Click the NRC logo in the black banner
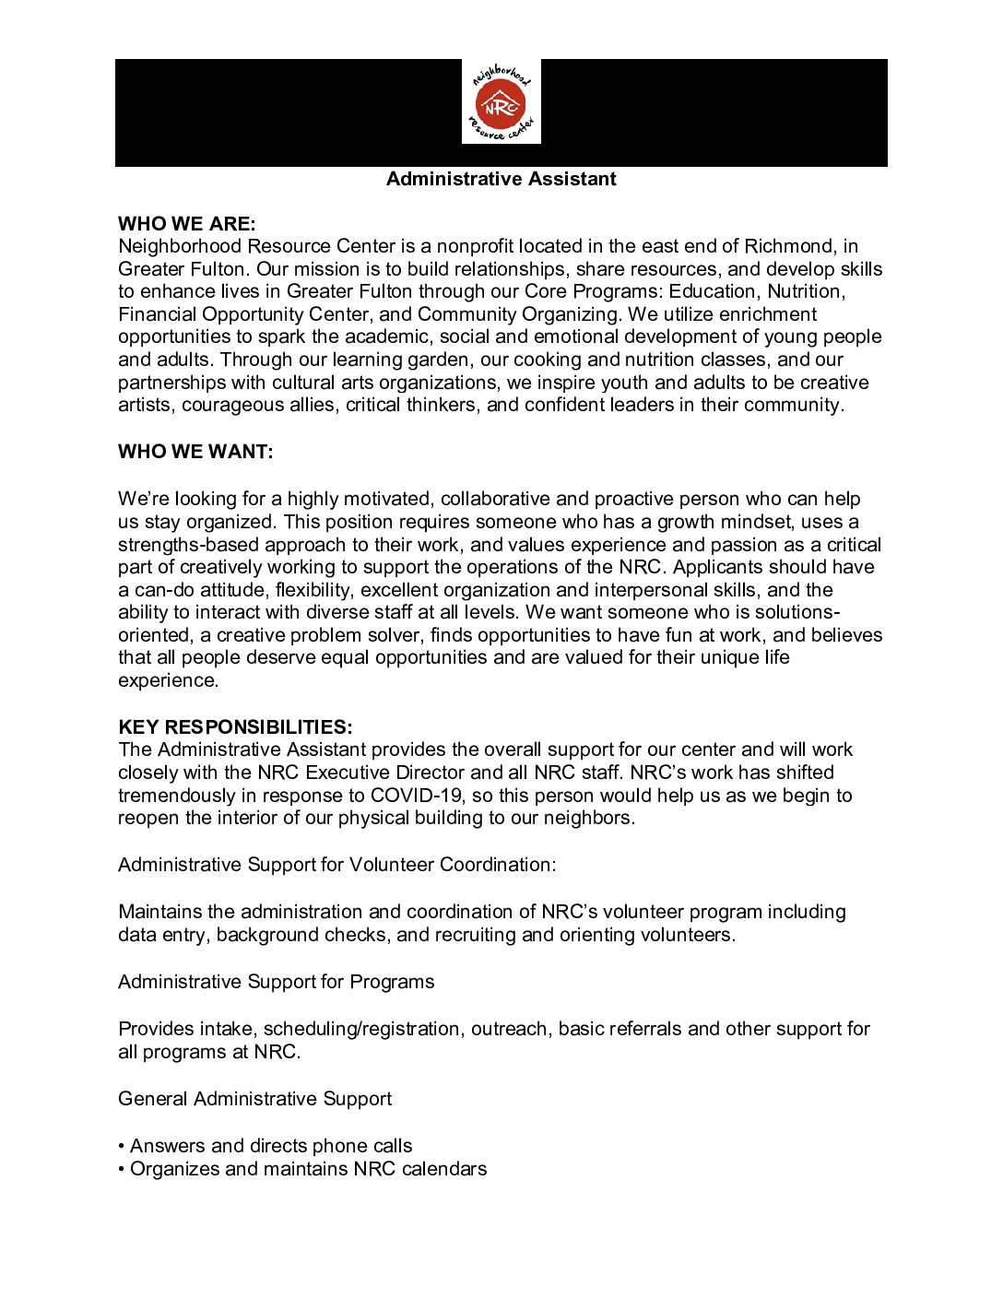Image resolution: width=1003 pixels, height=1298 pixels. pos(501,102)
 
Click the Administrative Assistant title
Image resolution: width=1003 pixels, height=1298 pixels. pos(501,179)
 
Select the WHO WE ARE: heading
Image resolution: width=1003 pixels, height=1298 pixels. pos(187,224)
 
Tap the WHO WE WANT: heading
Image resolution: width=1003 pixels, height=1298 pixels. pos(195,452)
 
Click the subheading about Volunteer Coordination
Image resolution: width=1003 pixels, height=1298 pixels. pos(337,865)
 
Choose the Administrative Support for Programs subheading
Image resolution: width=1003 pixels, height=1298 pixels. pos(277,982)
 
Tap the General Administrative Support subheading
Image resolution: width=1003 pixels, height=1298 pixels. pos(255,1099)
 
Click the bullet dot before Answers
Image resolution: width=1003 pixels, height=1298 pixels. pos(122,1146)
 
